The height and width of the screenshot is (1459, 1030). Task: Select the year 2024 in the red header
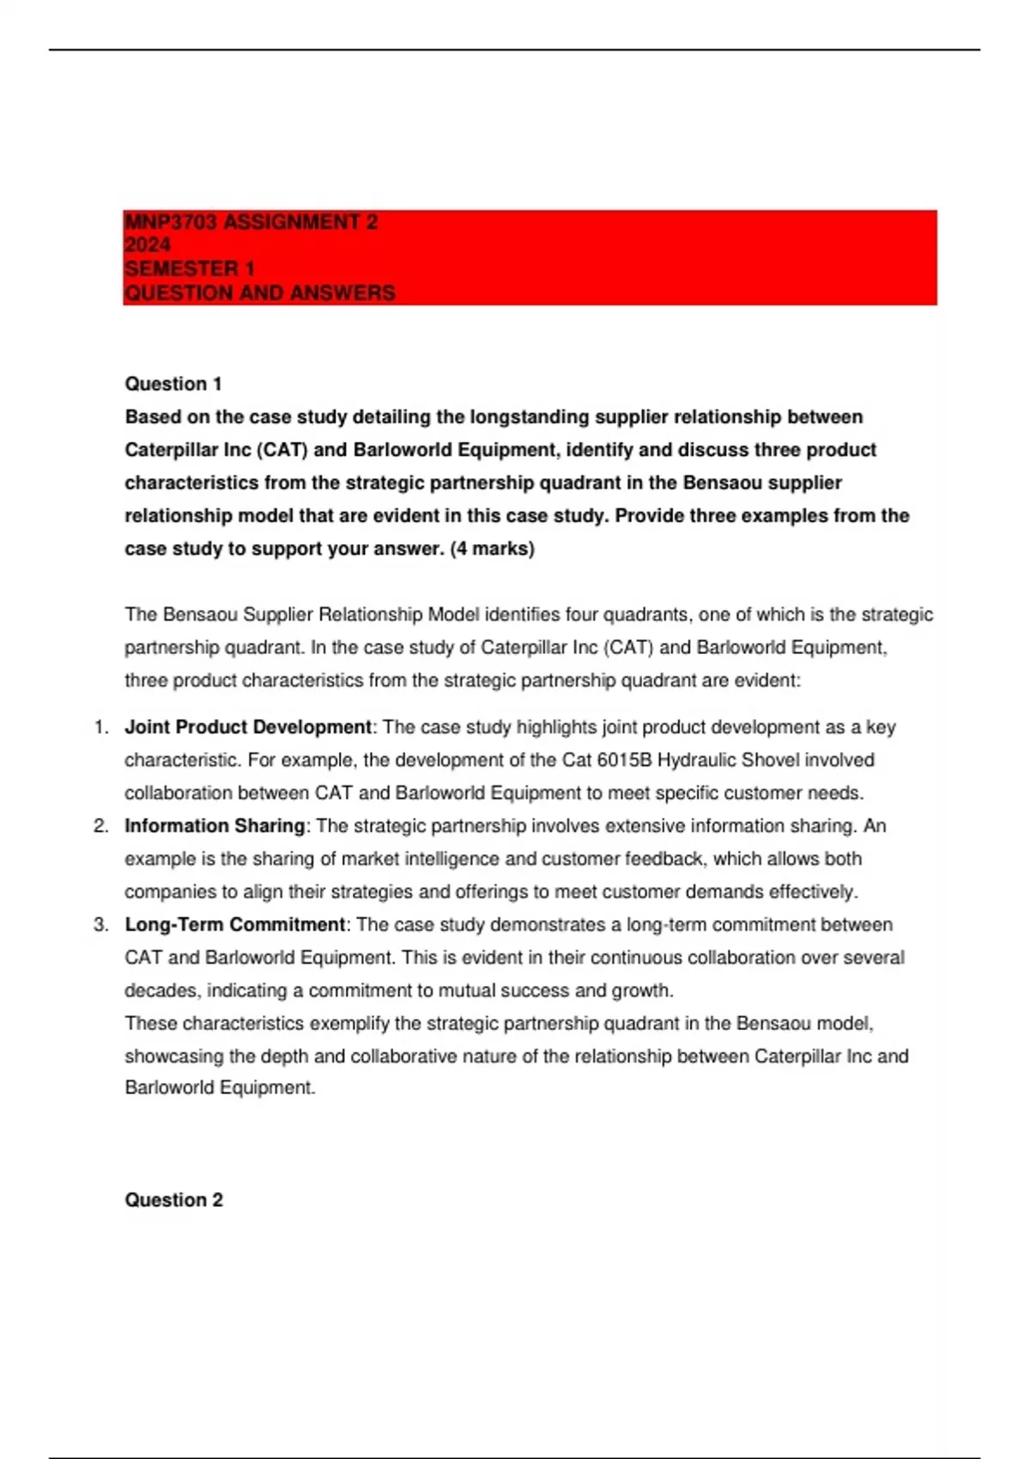(147, 245)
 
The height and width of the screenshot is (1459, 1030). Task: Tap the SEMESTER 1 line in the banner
(189, 269)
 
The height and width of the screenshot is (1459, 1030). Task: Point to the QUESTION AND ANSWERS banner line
(259, 293)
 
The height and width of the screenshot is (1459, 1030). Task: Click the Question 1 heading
(173, 384)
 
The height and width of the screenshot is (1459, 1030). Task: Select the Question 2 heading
(173, 1200)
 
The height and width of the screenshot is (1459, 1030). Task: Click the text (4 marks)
(492, 548)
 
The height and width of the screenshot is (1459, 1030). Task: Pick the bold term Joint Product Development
(248, 727)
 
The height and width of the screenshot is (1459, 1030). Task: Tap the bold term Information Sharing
(215, 826)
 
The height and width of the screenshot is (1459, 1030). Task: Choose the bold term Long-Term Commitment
(234, 924)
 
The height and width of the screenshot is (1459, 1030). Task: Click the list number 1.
(100, 727)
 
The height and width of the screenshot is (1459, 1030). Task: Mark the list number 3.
(100, 924)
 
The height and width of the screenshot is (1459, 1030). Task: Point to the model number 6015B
(624, 760)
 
